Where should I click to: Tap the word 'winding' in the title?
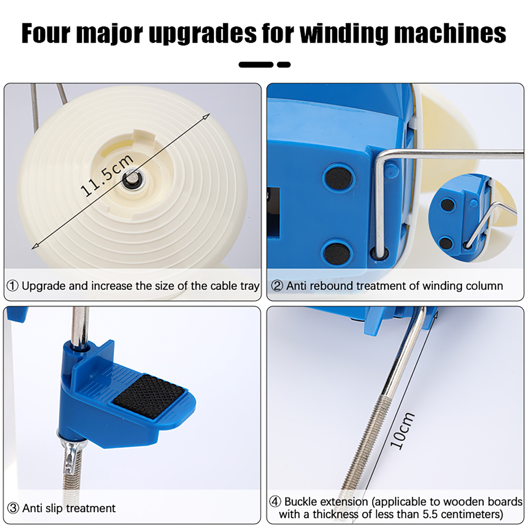pos(344,33)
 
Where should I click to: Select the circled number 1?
pos(13,286)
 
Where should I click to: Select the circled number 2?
pos(277,286)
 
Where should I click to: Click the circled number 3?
pos(13,508)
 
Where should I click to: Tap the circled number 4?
pos(275,502)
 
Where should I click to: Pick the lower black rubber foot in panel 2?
pos(337,254)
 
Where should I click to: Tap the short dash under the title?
pos(284,65)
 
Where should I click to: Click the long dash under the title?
pos(256,65)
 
